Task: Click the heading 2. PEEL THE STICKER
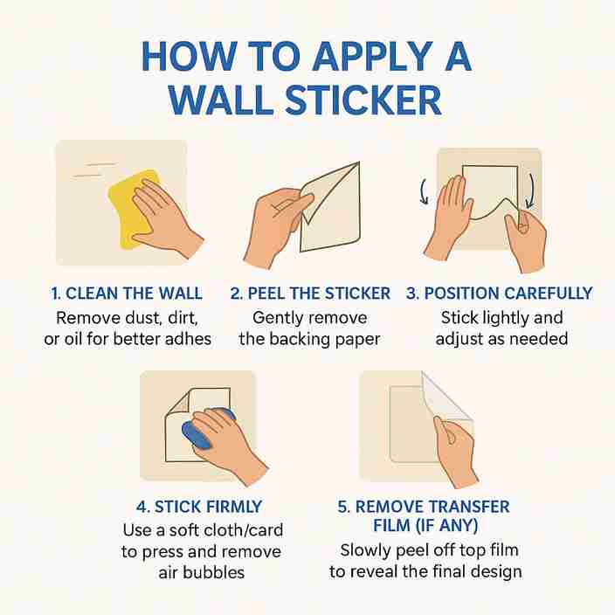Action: pos(310,294)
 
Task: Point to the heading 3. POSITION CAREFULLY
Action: pos(499,294)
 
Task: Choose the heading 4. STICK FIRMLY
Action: pos(199,507)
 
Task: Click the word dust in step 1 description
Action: pos(161,317)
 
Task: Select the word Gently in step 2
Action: pos(280,317)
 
